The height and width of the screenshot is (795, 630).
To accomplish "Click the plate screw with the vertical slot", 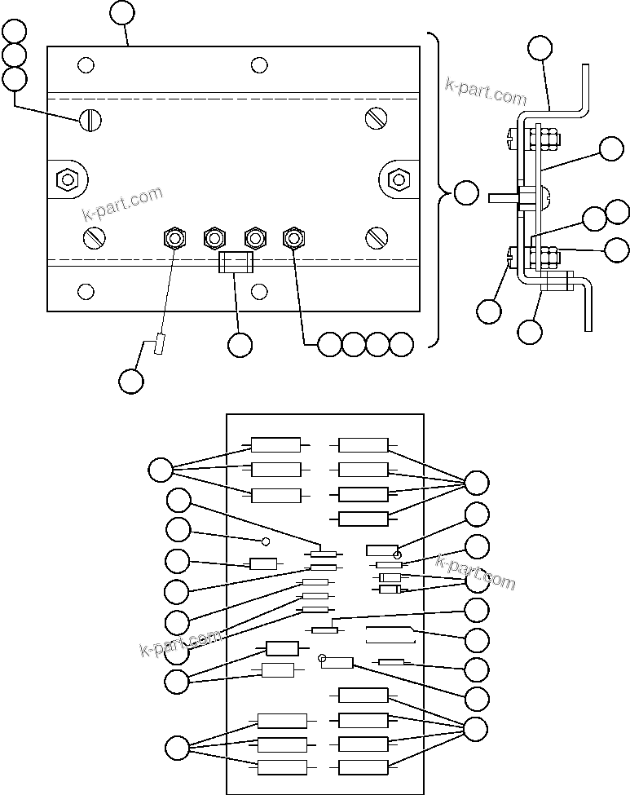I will [x=90, y=120].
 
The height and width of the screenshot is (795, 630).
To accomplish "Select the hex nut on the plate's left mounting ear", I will [x=67, y=179].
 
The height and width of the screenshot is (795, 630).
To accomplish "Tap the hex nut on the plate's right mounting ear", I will [x=398, y=179].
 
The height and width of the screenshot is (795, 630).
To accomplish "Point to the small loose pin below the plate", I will [x=160, y=345].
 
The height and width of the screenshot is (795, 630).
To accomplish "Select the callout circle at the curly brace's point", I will [x=466, y=193].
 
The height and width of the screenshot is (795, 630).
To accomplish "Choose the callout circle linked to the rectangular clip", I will [x=240, y=346].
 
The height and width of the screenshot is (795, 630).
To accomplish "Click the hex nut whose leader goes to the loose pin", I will [x=174, y=238].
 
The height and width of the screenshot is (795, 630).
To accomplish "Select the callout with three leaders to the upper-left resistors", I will [x=161, y=470].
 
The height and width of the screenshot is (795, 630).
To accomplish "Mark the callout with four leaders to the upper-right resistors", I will [x=476, y=483].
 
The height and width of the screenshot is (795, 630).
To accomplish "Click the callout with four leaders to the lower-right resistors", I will [x=476, y=728].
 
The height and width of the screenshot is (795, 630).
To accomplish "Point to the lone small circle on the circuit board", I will [x=265, y=541].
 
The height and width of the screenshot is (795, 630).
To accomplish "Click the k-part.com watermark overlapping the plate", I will [x=122, y=204].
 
